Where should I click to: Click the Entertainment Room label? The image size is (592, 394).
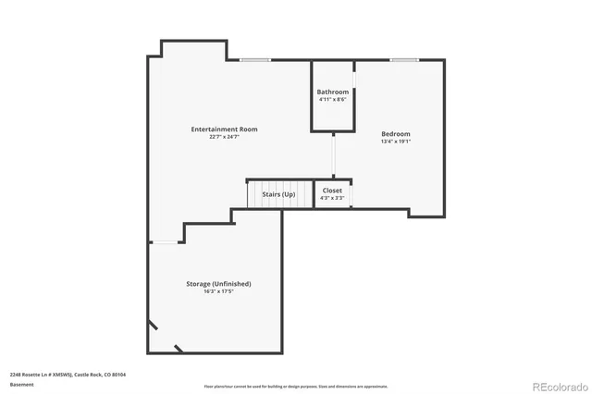coord(224,129)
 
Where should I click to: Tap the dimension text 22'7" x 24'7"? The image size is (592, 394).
coord(224,137)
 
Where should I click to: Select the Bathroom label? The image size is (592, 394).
coord(332,92)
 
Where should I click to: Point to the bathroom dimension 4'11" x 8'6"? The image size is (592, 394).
coord(332,100)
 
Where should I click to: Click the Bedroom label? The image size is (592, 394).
coord(395,134)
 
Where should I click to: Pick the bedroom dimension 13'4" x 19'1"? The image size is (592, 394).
coord(395,142)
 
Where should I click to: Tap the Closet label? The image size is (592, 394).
coord(332,190)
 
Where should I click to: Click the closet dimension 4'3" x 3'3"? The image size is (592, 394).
coord(332,198)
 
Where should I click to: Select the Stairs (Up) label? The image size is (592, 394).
coord(278,194)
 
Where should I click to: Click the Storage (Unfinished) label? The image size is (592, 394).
coord(219,283)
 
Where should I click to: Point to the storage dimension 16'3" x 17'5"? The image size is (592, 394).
coord(219,291)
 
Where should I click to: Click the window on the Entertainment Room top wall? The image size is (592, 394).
coord(255,60)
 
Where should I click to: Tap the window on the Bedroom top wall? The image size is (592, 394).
coord(403,60)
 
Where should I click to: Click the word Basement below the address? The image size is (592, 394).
coord(21,384)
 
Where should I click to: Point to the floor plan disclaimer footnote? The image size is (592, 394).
coord(295,386)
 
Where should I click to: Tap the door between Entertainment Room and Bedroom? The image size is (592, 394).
coord(334,154)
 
